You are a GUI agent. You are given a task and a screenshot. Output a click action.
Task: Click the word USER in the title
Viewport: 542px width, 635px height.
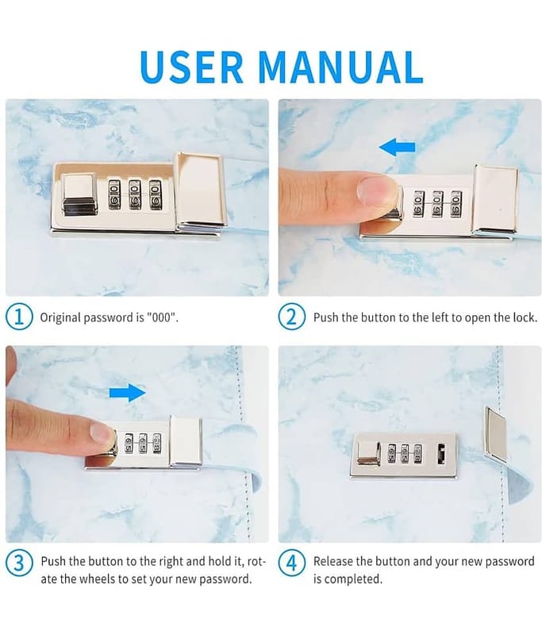coord(191,67)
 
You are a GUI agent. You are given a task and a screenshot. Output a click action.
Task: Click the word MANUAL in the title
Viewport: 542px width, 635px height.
coord(340,67)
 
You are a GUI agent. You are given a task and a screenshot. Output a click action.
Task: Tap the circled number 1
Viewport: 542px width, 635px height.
coord(18,317)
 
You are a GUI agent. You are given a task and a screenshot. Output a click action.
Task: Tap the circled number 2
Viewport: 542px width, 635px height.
coord(291,317)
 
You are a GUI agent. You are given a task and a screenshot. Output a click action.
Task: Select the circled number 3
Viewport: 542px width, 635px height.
coord(18,564)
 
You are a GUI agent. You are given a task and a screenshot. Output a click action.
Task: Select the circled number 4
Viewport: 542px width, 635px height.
coord(291,564)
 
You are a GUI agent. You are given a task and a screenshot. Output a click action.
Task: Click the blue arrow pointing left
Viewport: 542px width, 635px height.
coord(397,147)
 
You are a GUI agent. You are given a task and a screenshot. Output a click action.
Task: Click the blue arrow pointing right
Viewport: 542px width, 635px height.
coord(128,392)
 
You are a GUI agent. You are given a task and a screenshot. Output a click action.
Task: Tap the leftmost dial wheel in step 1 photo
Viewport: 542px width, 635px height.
coord(114,194)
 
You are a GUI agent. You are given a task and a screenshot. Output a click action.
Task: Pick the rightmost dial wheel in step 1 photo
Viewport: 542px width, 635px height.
coord(155,194)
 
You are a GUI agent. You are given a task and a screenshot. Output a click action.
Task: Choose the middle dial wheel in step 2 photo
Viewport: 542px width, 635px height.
coord(437,203)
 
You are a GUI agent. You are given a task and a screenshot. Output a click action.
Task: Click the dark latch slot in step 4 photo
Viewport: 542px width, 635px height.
coord(441,454)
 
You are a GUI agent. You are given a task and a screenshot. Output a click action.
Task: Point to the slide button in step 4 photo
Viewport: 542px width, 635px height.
coord(369,453)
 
